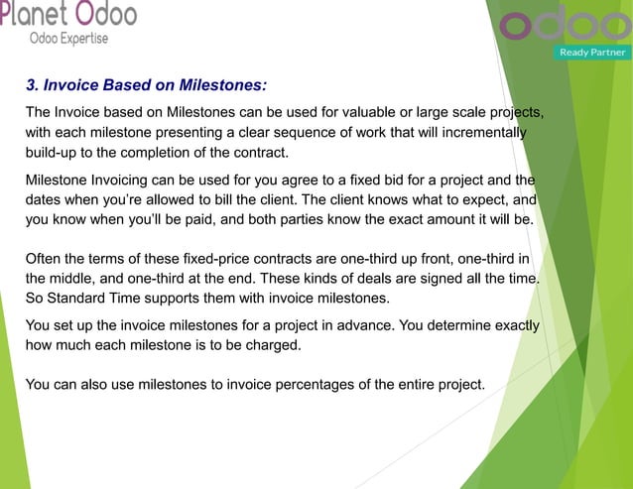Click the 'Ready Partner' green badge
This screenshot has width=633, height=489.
tap(592, 52)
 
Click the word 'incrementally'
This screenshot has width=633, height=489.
tap(480, 132)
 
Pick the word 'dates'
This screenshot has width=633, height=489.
tap(46, 201)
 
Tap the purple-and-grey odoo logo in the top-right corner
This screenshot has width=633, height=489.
tap(564, 24)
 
